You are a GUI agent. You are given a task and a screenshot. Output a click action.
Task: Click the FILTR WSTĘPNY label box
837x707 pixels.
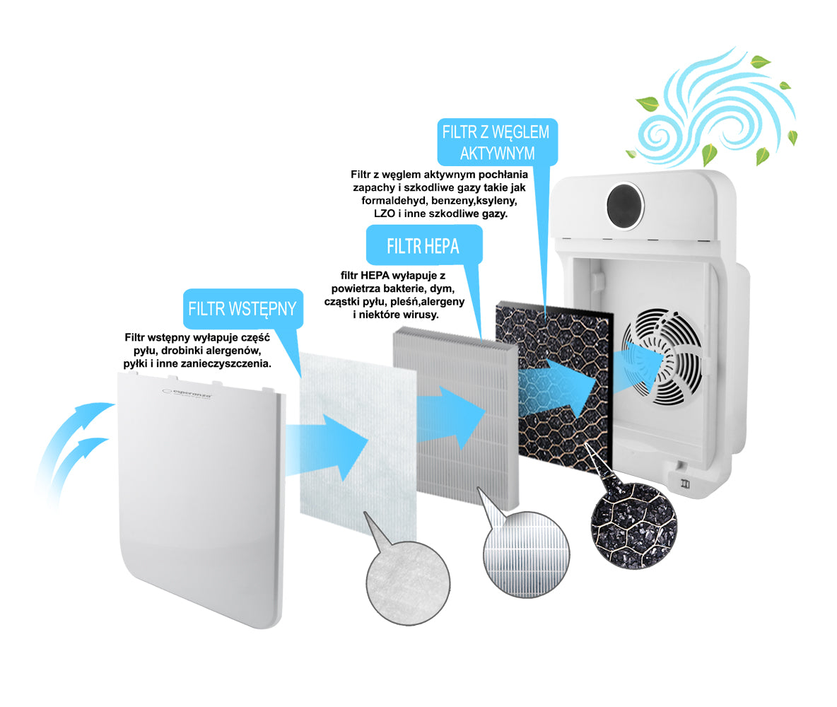243,309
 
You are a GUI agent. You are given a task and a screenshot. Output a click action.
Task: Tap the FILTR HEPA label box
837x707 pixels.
424,245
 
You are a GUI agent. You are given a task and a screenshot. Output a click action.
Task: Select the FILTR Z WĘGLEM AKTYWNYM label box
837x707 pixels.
497,142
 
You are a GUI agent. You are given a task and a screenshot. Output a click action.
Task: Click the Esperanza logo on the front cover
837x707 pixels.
187,394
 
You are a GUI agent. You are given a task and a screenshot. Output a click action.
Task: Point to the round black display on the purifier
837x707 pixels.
625,206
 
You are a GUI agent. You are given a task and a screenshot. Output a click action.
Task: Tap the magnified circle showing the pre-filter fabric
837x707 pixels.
408,583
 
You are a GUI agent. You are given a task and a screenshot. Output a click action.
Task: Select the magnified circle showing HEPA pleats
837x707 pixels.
526,554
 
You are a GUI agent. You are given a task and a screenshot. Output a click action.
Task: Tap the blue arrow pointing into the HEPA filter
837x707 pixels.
451,418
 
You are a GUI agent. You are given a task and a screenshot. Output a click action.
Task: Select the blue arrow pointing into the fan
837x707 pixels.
636,367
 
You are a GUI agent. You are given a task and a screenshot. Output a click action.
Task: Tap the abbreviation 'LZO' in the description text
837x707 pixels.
385,214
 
